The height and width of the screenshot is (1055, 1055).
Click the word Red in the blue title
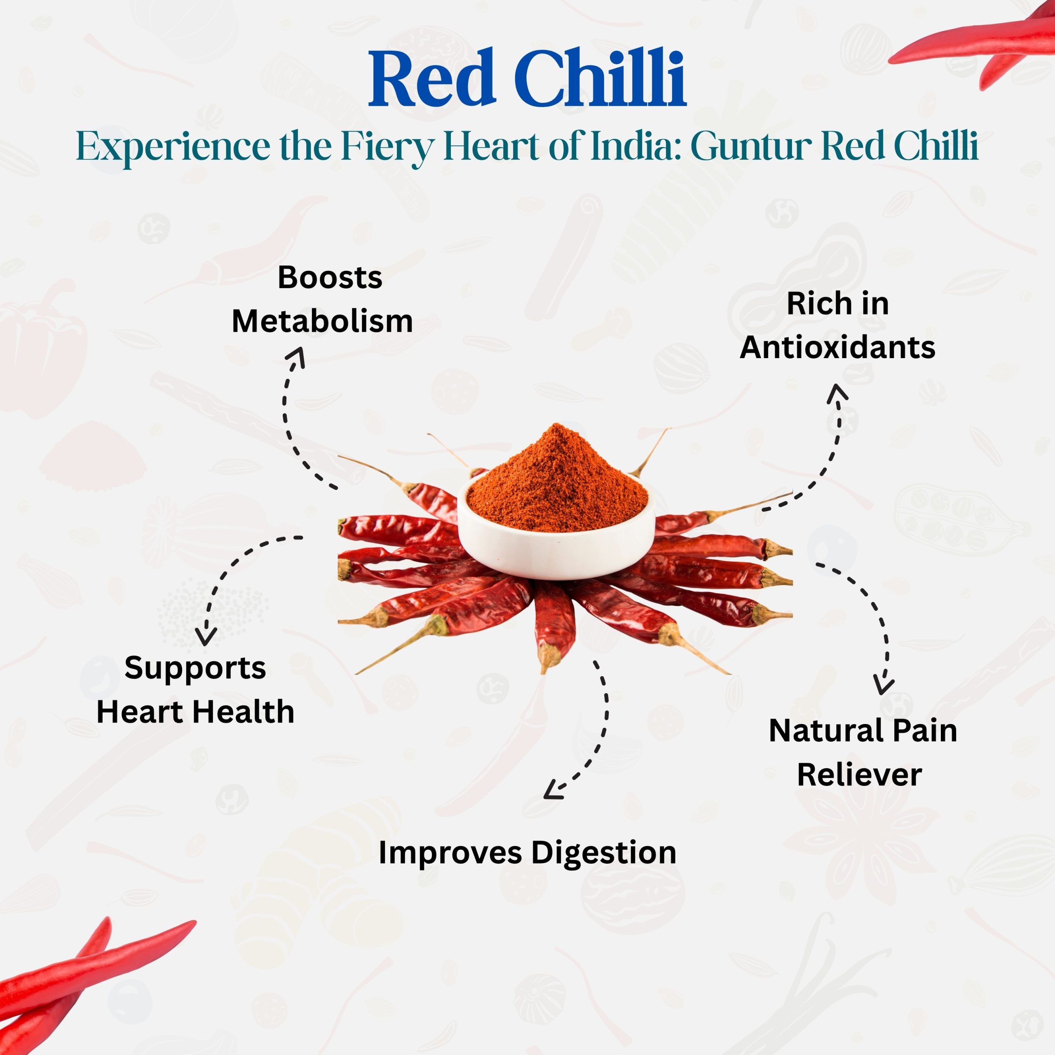tap(431, 79)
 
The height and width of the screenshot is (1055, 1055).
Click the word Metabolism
tap(322, 321)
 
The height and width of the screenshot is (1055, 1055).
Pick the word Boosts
tap(330, 277)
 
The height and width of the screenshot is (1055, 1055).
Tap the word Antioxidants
tap(838, 347)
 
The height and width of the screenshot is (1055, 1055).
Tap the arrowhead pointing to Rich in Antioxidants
tap(837, 394)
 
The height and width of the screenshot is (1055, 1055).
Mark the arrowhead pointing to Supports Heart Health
tap(206, 637)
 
